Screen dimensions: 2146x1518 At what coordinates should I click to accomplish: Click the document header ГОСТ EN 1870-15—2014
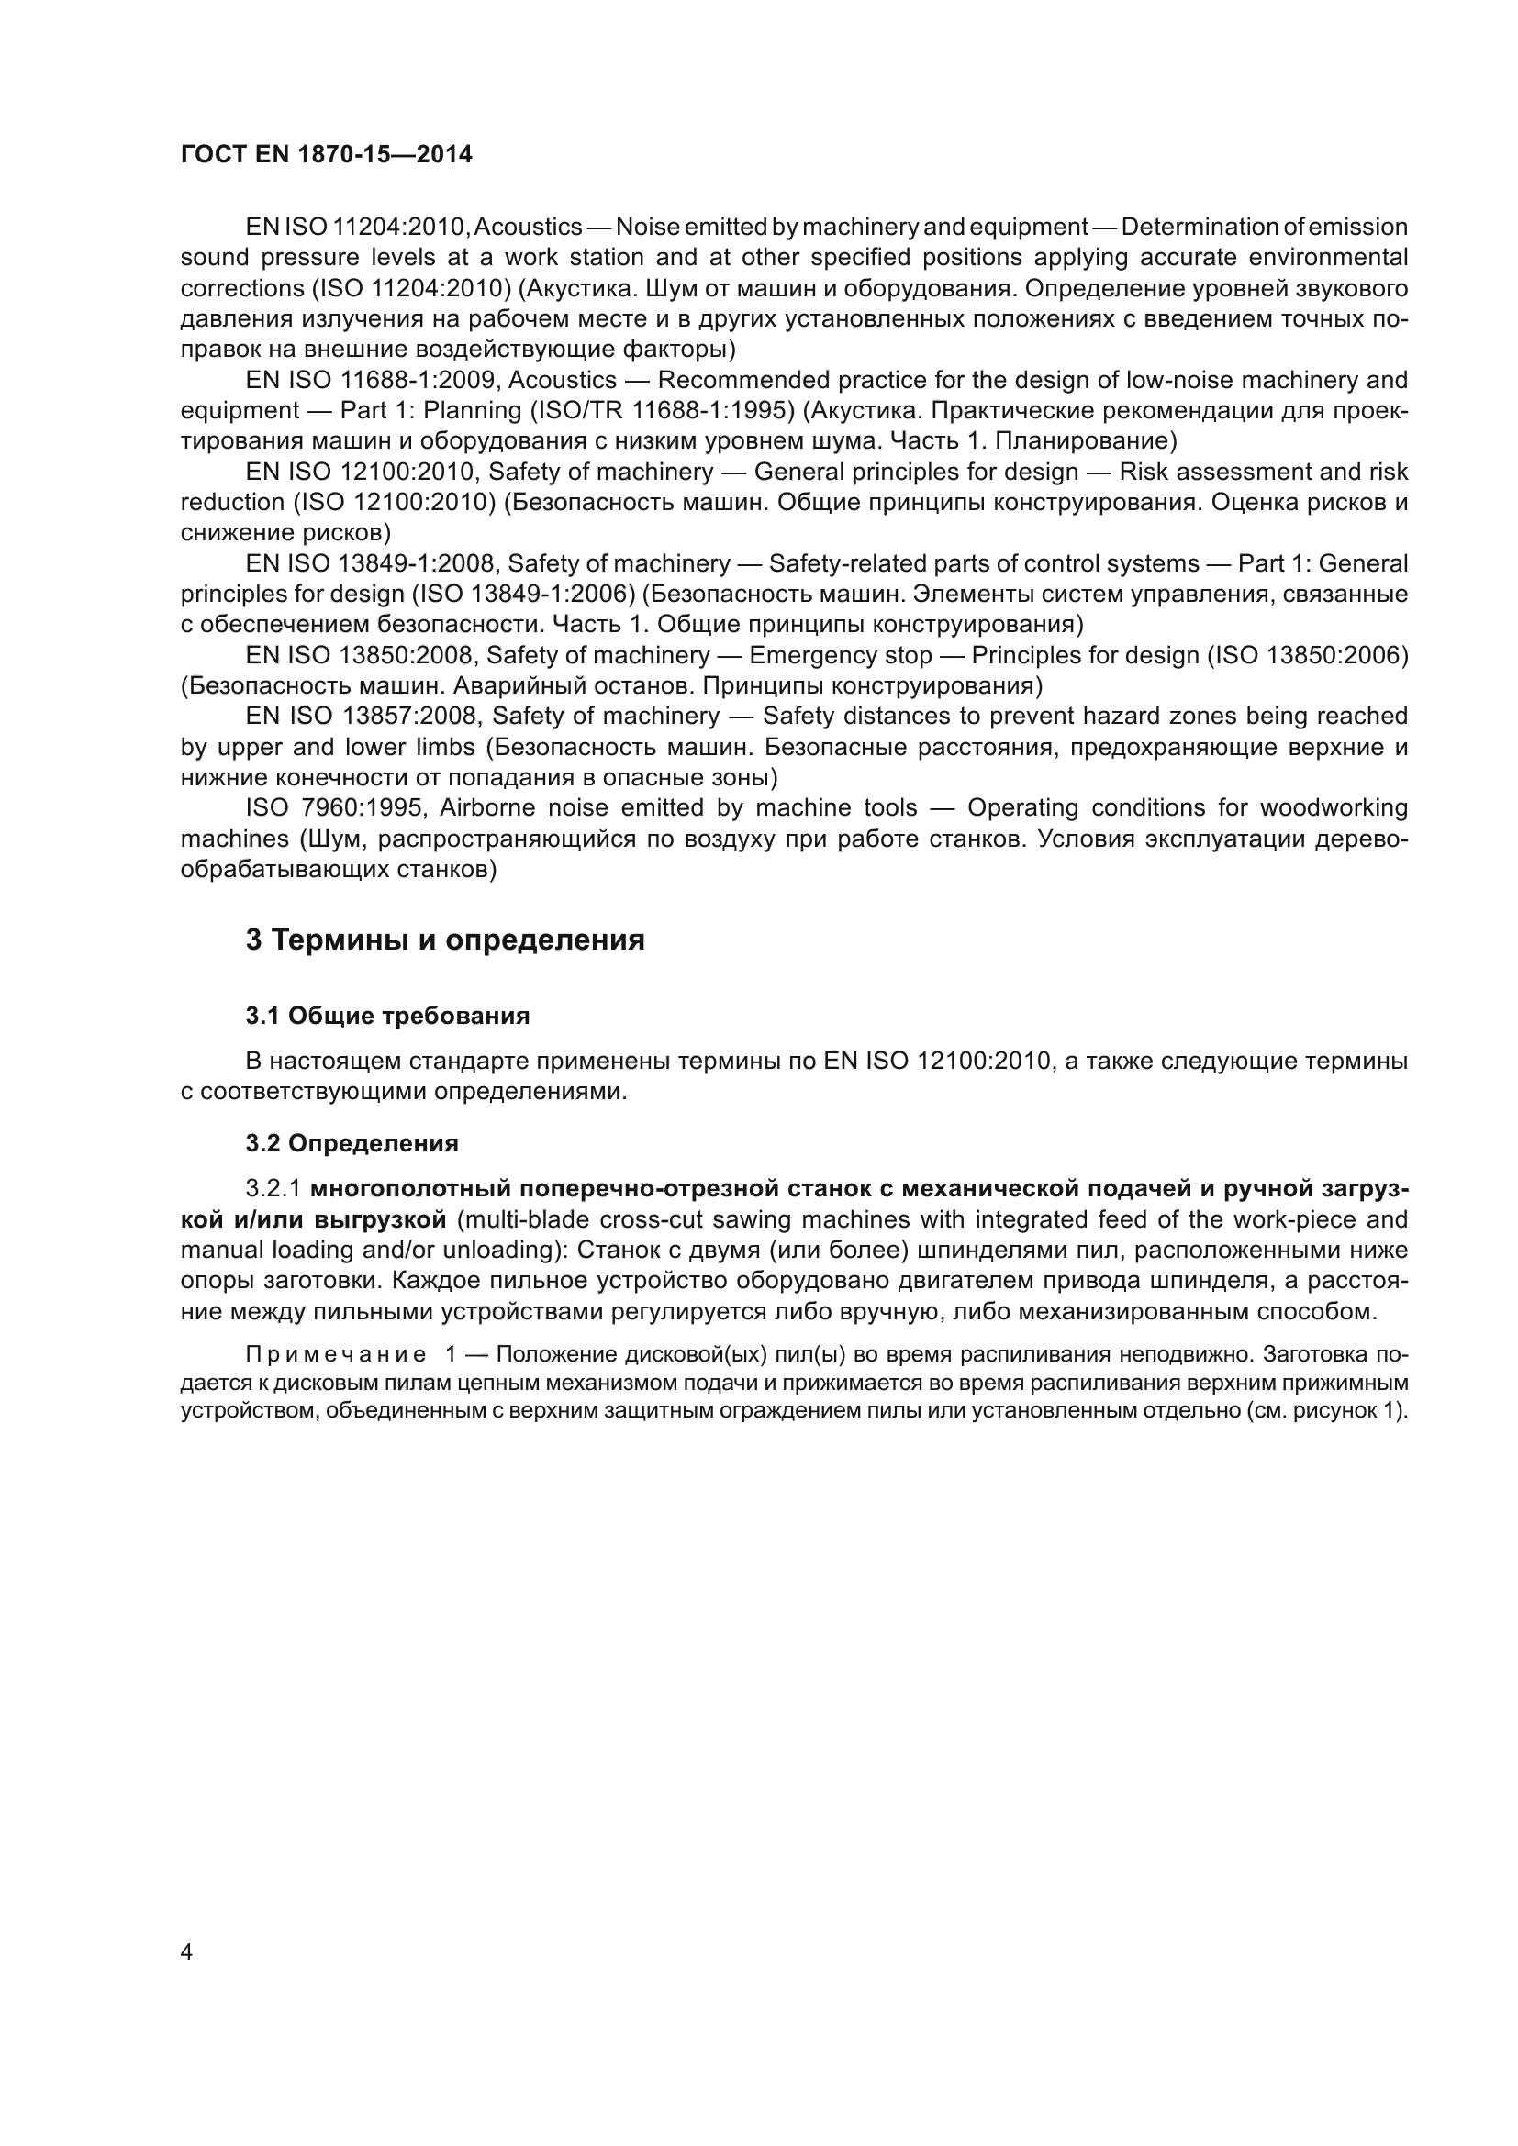pyautogui.click(x=326, y=155)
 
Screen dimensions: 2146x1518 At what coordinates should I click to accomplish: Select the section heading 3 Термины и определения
pyautogui.click(x=445, y=940)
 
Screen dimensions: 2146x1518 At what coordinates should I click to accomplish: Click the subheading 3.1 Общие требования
pyautogui.click(x=388, y=1016)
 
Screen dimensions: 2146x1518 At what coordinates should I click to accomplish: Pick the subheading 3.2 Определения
pyautogui.click(x=352, y=1143)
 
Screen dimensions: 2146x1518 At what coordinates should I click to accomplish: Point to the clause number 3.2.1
pyautogui.click(x=273, y=1189)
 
